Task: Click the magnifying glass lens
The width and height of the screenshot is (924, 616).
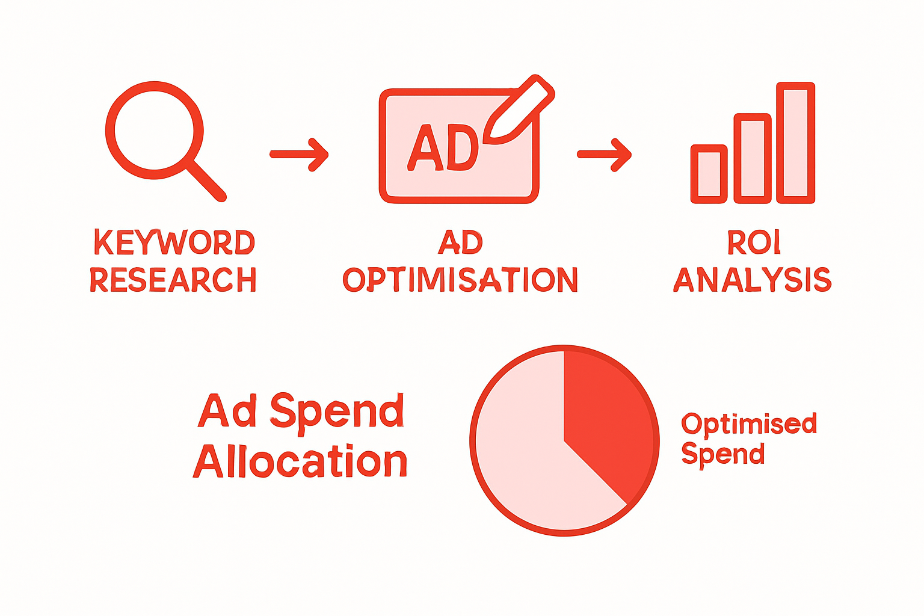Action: point(154,130)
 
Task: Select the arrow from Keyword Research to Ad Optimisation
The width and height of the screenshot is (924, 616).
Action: point(299,155)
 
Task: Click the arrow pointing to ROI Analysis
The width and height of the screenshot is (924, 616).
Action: point(605,155)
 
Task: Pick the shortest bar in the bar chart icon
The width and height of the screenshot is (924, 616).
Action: point(709,173)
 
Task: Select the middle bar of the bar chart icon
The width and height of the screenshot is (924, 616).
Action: point(752,158)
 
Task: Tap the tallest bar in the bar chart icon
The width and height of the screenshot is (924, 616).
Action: point(795,142)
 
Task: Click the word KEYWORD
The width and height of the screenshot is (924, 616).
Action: point(174,242)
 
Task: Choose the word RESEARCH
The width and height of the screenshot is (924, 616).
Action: point(173,280)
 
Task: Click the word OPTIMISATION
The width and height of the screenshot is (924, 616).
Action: point(460,280)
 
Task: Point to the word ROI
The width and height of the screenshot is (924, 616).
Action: point(754,242)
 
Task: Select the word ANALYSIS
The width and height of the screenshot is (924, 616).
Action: point(752,280)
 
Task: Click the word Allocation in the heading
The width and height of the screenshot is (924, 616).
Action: point(300,461)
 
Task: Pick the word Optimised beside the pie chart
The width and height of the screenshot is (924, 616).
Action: point(749,424)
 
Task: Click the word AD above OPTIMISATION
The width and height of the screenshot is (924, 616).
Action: point(460,242)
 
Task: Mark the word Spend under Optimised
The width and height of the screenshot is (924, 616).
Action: point(722,454)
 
